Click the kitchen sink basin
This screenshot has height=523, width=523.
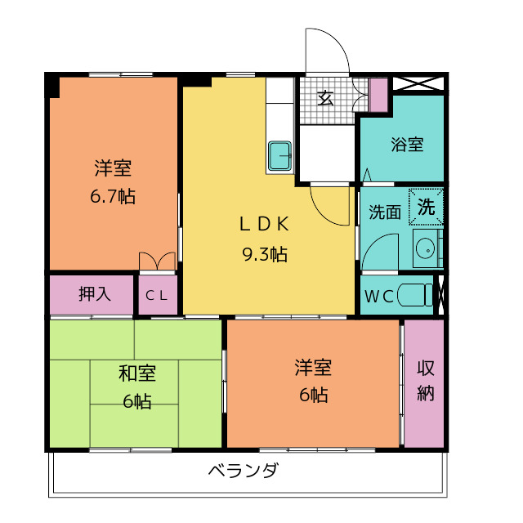coord(279,156)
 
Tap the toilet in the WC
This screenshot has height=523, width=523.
coord(415,295)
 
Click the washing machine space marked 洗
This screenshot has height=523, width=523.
coord(427,207)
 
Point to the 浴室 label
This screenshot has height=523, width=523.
coord(407,145)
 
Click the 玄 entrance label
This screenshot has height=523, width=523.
coord(325,98)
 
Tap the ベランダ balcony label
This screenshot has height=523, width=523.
coord(243,470)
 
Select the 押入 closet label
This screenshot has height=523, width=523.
coord(95,294)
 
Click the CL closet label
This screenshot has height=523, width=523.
coord(156,295)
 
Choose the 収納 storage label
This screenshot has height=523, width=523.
coord(426,381)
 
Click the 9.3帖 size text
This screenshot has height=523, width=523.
coord(265,254)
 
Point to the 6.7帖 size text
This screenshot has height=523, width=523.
coord(113,196)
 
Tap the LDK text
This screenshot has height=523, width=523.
coord(264,224)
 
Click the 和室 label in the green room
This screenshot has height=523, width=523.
coord(137,373)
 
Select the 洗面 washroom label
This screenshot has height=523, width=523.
coord(385,212)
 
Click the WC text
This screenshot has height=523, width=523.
coord(379,296)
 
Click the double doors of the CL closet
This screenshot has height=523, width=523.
coord(157,261)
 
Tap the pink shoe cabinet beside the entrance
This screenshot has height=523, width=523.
coord(378,95)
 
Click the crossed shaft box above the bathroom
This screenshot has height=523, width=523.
coord(418,83)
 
